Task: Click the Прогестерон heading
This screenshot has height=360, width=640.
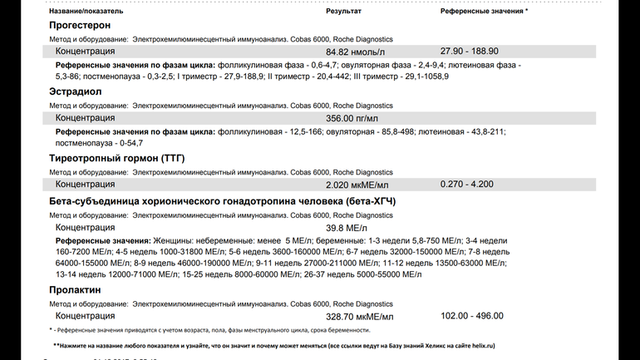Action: coord(79,27)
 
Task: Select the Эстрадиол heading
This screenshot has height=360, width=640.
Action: coord(75,91)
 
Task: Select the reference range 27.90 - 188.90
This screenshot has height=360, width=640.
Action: coord(469,52)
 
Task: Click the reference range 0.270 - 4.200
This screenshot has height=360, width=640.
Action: coord(466,184)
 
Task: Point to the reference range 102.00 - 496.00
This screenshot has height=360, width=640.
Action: coord(471,317)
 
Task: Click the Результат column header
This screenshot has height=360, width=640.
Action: coord(343,12)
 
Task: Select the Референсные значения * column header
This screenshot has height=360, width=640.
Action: coord(484,12)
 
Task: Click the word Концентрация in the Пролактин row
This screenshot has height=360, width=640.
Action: coord(85,317)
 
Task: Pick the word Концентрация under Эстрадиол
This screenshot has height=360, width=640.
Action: coord(85,118)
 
